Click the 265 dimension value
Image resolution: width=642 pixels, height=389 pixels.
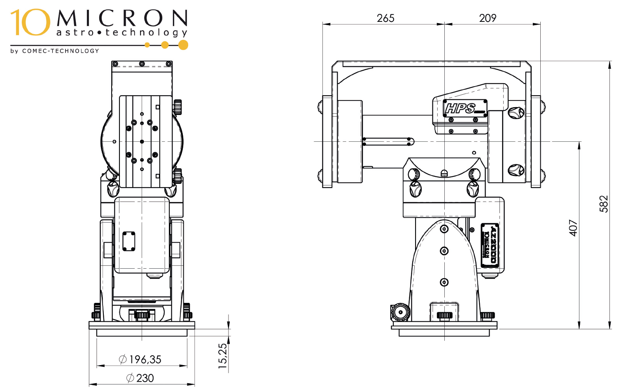point(385,18)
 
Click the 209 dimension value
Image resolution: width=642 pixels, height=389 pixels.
point(488,18)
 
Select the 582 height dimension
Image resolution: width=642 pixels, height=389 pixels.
point(603,204)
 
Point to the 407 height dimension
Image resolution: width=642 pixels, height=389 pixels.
point(573,228)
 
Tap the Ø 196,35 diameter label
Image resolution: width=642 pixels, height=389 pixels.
point(140,360)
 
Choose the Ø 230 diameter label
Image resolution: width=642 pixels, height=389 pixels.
point(140,378)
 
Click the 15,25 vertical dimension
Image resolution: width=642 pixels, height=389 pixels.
point(222,355)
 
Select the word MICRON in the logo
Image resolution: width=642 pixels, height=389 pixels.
point(122,19)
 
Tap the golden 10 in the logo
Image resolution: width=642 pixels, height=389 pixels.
point(30,22)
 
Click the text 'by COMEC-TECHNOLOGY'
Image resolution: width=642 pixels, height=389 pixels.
point(55,51)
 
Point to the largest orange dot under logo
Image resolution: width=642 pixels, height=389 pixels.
point(184,45)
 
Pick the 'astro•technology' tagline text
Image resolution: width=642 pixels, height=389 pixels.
point(122,33)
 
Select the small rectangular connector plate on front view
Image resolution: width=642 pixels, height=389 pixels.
point(129,241)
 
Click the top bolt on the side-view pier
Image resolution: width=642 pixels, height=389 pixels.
point(444,229)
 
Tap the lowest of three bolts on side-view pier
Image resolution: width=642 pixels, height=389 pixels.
point(444,282)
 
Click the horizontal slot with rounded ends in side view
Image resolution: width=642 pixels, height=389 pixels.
point(388,142)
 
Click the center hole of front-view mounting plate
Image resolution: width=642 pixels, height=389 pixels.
point(142,141)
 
